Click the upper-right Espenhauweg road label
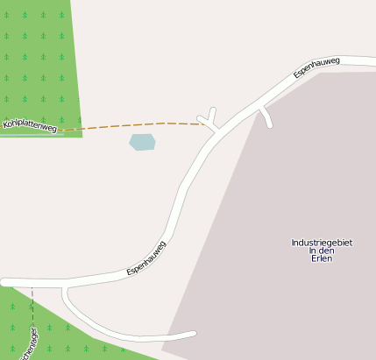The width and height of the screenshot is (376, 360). [316, 67]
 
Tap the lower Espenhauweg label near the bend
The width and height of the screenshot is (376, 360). [146, 258]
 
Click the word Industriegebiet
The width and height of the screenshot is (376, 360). [322, 243]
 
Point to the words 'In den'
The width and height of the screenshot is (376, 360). [322, 251]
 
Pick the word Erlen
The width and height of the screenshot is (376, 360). [322, 258]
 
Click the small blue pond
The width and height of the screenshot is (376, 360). [142, 142]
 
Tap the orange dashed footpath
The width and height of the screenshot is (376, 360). [131, 125]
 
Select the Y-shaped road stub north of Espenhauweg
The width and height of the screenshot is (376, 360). [209, 121]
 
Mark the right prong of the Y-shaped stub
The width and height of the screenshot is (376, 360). [212, 112]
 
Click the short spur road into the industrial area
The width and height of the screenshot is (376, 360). [266, 116]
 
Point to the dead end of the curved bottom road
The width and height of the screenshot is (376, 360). [192, 333]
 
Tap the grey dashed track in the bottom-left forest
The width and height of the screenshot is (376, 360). [32, 307]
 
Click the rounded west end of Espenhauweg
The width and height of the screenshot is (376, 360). [5, 282]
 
